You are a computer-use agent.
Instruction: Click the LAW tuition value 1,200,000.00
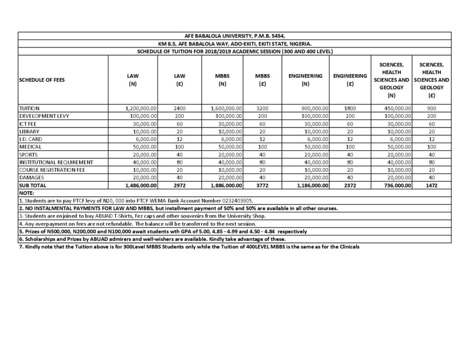(141, 109)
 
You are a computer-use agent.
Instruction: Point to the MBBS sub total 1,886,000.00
(227, 186)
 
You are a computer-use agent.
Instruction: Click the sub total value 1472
(431, 186)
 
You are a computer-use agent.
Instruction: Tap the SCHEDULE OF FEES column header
(42, 80)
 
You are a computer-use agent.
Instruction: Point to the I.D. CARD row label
(30, 139)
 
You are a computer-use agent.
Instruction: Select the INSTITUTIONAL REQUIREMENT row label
(56, 162)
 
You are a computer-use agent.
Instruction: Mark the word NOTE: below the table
(27, 193)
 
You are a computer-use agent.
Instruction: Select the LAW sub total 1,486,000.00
(141, 186)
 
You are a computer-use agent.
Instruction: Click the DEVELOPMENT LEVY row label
(43, 117)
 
